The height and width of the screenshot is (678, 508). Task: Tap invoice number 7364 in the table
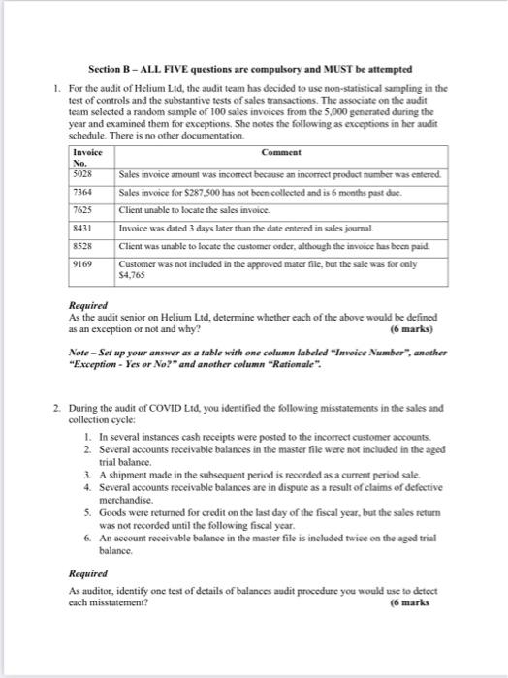tap(83, 193)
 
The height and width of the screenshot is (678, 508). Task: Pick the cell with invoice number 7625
tap(83, 211)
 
